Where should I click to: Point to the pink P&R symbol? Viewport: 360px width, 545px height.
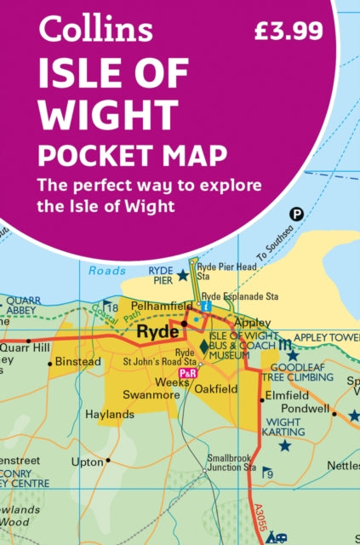(187, 374)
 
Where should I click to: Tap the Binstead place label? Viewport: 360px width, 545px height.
(78, 362)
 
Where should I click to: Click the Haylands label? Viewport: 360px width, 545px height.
(110, 415)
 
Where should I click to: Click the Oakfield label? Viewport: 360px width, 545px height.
(216, 390)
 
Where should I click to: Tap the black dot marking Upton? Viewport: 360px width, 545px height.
(107, 461)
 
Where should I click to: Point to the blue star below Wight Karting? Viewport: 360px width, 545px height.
(285, 445)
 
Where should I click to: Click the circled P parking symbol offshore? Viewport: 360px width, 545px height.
(297, 214)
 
